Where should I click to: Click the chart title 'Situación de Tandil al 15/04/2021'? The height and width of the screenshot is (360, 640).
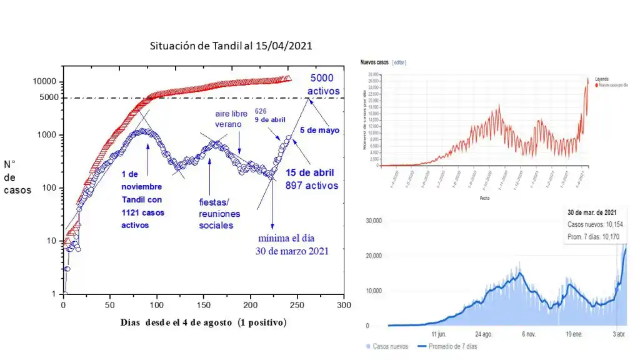(x=231, y=46)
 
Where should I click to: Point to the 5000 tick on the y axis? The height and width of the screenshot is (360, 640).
(x=48, y=97)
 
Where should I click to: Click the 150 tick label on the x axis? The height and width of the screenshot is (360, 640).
(x=204, y=306)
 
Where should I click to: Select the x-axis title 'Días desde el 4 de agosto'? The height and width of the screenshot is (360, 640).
(x=203, y=322)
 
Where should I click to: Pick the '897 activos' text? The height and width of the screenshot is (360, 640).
(x=312, y=185)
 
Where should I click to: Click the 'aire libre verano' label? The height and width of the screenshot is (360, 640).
(x=229, y=120)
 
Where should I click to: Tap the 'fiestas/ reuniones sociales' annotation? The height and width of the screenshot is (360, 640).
(x=219, y=214)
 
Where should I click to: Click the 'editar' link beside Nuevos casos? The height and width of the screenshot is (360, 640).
(x=399, y=62)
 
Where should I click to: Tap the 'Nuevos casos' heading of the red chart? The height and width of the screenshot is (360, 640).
(x=374, y=62)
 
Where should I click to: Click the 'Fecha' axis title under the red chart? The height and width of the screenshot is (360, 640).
(x=485, y=197)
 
